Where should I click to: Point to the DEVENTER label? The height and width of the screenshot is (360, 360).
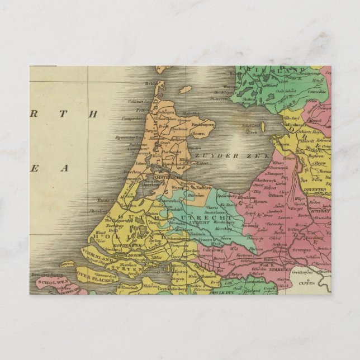pyautogui.click(x=315, y=190)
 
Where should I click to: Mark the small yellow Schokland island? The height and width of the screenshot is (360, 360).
pyautogui.click(x=254, y=126)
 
